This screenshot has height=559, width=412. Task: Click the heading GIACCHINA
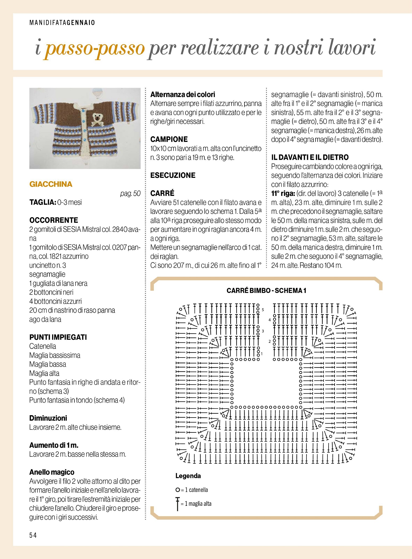pyautogui.click(x=51, y=184)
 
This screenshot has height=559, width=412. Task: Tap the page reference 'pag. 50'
pyautogui.click(x=130, y=194)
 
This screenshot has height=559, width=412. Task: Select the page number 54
pyautogui.click(x=33, y=535)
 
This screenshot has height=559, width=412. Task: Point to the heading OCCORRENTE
pyautogui.click(x=54, y=220)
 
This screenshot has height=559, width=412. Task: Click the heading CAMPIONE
pyautogui.click(x=169, y=139)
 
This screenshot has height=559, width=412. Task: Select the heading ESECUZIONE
pyautogui.click(x=173, y=175)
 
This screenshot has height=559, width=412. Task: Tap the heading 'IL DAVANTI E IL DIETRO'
pyautogui.click(x=310, y=157)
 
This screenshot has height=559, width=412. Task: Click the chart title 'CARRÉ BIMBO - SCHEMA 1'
pyautogui.click(x=266, y=291)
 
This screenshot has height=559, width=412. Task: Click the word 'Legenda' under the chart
pyautogui.click(x=188, y=476)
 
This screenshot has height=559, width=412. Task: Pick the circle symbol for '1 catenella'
pyautogui.click(x=178, y=490)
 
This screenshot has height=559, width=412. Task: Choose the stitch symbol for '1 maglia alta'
pyautogui.click(x=178, y=504)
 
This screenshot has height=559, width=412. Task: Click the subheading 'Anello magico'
pyautogui.click(x=52, y=472)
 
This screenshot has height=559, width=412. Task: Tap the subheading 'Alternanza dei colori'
pyautogui.click(x=183, y=94)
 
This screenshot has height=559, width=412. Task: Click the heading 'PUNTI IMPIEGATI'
pyautogui.click(x=58, y=337)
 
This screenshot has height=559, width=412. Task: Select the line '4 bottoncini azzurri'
pyautogui.click(x=56, y=301)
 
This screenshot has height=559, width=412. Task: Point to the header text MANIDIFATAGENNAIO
pyautogui.click(x=62, y=23)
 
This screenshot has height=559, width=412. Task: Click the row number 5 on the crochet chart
pyautogui.click(x=263, y=310)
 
